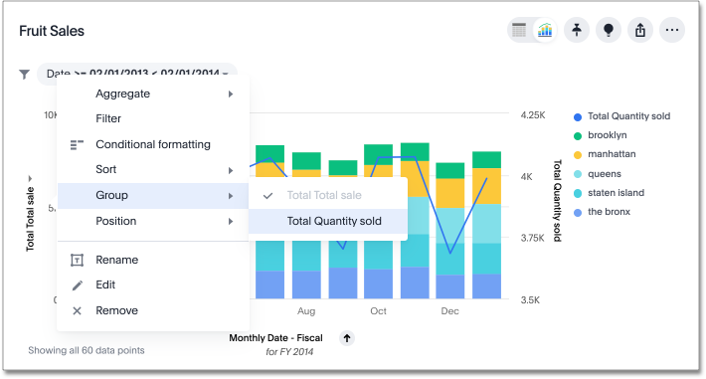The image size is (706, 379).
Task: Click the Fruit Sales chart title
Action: (52, 32)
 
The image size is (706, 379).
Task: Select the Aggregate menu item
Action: (122, 94)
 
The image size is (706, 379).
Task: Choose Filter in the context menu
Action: (108, 118)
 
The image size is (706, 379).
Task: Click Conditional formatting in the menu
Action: (152, 144)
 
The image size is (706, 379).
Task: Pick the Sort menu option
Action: (106, 170)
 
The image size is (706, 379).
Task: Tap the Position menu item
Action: (116, 221)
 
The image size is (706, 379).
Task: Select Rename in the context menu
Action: (116, 260)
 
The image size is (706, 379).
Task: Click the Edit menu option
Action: (106, 284)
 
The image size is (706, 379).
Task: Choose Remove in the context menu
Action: (116, 310)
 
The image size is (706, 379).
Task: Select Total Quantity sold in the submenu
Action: (333, 221)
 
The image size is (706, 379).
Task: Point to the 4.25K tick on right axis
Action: (533, 115)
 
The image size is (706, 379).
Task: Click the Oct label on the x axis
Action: (378, 311)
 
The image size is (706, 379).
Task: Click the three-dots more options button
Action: (672, 30)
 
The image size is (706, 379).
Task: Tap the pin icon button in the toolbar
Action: (577, 30)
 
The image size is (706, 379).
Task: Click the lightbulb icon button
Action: (609, 30)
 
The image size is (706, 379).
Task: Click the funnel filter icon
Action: (24, 74)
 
